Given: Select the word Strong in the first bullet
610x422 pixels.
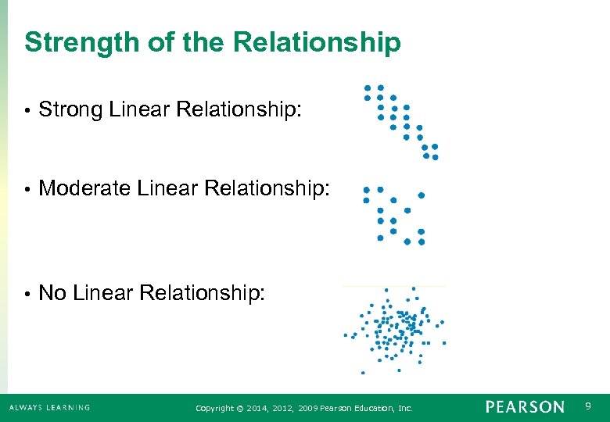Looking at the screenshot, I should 71,110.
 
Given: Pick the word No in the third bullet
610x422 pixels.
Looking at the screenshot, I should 52,293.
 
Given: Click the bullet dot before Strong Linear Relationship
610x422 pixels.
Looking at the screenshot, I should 27,111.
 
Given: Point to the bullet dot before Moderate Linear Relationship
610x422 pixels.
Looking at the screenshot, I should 27,188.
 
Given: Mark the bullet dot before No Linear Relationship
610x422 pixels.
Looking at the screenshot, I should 27,294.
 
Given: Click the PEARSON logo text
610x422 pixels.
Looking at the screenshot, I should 524,407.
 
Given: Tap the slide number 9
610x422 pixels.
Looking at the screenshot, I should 588,406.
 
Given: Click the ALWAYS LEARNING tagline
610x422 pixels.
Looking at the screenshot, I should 49,407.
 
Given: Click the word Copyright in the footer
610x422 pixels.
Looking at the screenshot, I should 213,408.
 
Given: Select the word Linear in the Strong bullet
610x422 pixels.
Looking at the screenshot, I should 140,110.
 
